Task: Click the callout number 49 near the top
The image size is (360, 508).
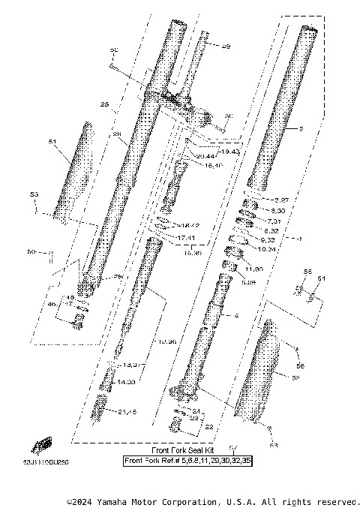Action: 226,46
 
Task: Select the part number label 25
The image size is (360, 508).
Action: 105,104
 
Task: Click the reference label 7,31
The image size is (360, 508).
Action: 272,221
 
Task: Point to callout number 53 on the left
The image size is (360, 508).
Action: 34,194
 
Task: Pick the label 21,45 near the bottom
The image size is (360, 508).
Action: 128,412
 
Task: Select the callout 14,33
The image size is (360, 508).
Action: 125,382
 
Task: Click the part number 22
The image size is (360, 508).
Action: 209,426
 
